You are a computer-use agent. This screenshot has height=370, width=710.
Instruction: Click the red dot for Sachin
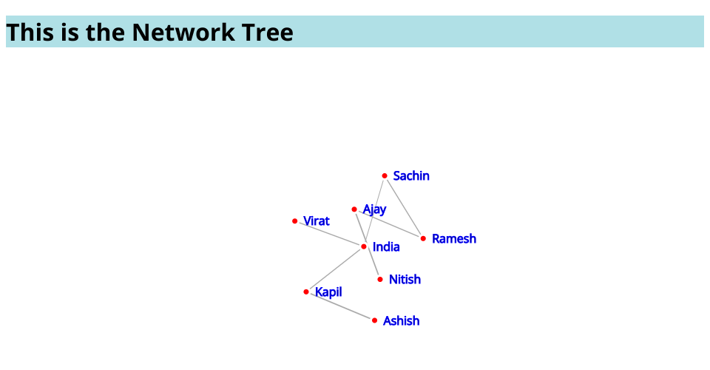385,175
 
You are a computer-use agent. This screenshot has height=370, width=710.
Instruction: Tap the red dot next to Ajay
354,209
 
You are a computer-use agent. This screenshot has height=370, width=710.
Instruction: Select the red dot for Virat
295,221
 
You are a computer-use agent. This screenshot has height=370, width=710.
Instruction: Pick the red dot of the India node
364,246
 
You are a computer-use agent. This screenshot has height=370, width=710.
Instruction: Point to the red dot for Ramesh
423,238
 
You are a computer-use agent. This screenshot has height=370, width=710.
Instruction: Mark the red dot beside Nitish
380,279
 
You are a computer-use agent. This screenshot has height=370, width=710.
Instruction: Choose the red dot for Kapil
306,292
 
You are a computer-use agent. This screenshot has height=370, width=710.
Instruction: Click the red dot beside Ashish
374,320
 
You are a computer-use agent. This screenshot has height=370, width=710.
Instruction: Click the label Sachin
411,176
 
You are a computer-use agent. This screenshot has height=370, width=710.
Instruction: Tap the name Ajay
374,209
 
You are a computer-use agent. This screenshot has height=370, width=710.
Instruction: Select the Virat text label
317,221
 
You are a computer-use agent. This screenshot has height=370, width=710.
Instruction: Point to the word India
386,247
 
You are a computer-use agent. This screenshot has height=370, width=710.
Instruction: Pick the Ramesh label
454,239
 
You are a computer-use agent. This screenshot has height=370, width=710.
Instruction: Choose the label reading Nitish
405,280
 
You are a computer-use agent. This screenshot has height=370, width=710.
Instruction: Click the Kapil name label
328,292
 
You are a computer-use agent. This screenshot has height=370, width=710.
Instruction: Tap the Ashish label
401,321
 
